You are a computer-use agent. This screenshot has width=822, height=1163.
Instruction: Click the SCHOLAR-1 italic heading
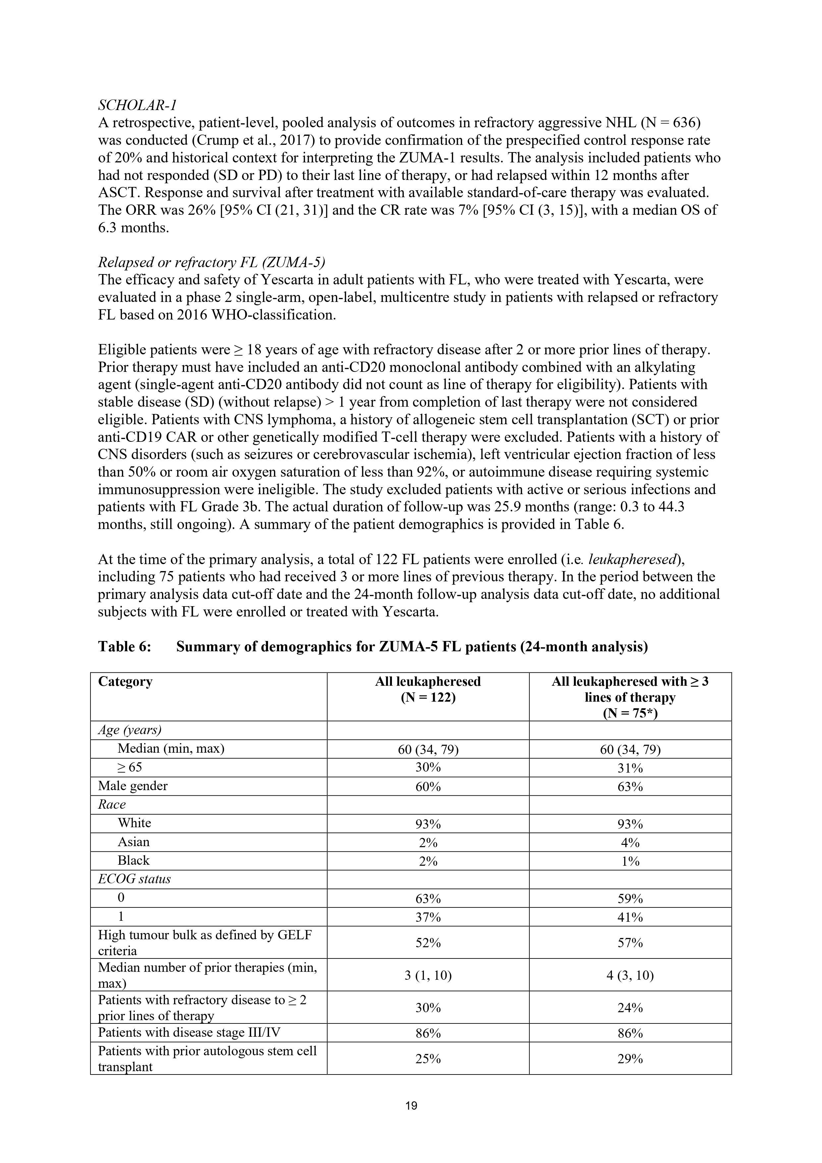[137, 105]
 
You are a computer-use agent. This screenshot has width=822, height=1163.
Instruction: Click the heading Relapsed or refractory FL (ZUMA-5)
[211, 262]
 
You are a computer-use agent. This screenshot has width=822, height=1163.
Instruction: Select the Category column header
[125, 682]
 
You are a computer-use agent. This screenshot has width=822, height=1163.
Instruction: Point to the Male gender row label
[133, 785]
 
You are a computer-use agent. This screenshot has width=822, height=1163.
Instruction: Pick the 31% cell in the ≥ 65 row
[630, 768]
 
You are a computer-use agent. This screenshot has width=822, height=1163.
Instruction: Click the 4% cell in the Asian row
[630, 843]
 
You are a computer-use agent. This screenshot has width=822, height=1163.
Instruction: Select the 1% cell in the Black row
[630, 861]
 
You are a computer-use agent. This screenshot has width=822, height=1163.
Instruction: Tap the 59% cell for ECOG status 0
[630, 899]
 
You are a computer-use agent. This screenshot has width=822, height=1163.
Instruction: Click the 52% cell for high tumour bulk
[428, 943]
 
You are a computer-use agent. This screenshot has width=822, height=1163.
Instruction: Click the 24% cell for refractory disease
[630, 1008]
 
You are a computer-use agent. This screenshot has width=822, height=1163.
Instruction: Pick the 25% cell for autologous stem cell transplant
[428, 1059]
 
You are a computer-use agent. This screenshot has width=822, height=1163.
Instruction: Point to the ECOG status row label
[134, 879]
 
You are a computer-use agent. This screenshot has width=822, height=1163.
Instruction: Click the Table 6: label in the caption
[125, 647]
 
